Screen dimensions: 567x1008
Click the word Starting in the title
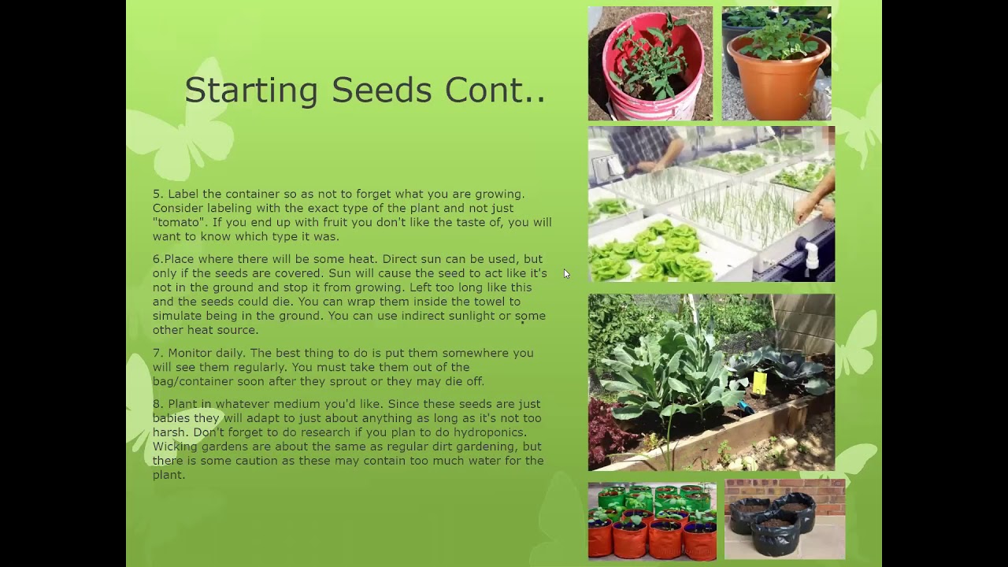pyautogui.click(x=251, y=91)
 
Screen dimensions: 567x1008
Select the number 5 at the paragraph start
pyautogui.click(x=157, y=194)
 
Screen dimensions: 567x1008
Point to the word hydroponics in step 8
pyautogui.click(x=494, y=432)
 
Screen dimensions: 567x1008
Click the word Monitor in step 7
pyautogui.click(x=190, y=353)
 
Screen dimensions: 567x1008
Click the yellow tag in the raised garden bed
pyautogui.click(x=760, y=383)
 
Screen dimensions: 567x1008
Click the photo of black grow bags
pyautogui.click(x=784, y=519)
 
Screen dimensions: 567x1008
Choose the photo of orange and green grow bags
pyautogui.click(x=652, y=521)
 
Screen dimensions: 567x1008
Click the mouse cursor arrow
pyautogui.click(x=566, y=274)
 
